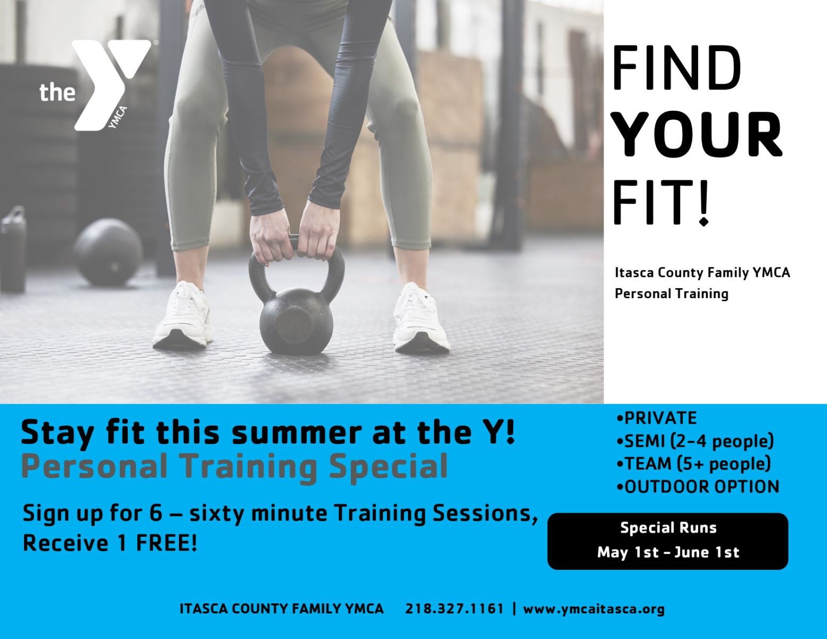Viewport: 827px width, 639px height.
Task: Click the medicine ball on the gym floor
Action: click(108, 252)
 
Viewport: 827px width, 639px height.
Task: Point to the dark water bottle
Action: click(13, 249)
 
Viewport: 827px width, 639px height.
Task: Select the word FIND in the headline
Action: click(677, 69)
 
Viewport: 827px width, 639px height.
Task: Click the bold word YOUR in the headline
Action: click(697, 135)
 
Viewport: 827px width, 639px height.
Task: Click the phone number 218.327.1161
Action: click(454, 609)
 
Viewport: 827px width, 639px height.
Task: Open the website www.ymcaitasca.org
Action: click(594, 609)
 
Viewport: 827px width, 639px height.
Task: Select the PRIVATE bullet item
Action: click(657, 418)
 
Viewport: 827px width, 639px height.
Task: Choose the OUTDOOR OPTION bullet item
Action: click(698, 487)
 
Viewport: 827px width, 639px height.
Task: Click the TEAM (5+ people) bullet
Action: click(693, 464)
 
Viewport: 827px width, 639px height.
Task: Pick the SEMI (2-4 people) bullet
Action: click(695, 441)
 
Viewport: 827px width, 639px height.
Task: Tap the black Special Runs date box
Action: click(668, 541)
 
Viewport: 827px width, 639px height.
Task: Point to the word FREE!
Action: click(167, 543)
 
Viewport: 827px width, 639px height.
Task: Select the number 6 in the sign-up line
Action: click(155, 513)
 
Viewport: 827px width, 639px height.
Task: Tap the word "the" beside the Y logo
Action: click(58, 93)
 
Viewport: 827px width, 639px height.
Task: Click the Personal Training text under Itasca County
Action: click(672, 294)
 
